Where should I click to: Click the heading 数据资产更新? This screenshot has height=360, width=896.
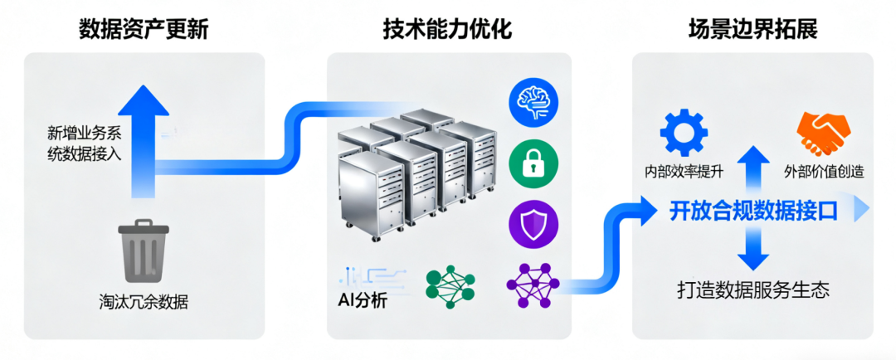(143, 30)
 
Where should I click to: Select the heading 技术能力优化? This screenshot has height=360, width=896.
(447, 30)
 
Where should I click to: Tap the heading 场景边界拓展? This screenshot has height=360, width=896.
(752, 30)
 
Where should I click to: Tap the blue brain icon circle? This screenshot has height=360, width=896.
(532, 101)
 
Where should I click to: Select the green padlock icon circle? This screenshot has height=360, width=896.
(532, 163)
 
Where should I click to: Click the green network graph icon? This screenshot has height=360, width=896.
(450, 285)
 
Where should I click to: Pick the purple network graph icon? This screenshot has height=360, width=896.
(532, 285)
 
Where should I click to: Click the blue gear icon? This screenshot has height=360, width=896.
(683, 131)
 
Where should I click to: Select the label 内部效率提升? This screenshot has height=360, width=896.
(684, 172)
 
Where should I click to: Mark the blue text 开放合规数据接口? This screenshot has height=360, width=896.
(753, 212)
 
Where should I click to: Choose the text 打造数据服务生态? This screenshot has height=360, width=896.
(753, 290)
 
